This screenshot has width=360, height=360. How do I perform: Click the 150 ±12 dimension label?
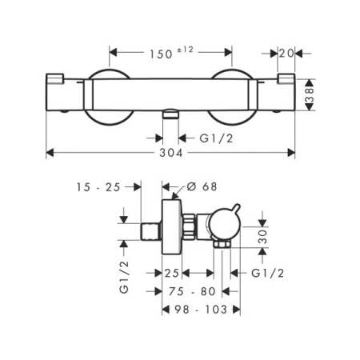tap(170, 53)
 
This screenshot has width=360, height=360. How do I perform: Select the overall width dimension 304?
tap(170, 151)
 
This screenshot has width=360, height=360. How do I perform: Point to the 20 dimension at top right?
tap(288, 53)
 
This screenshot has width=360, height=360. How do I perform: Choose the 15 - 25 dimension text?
tap(95, 187)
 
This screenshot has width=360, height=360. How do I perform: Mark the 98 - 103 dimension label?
tap(198, 309)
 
